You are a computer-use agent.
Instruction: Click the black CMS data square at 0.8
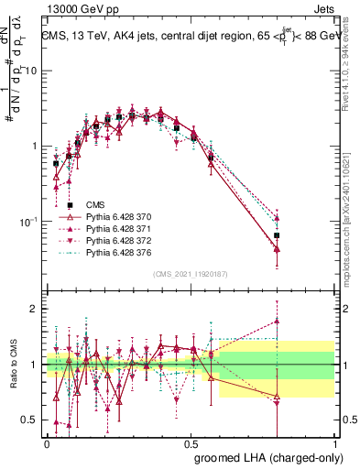coord(277,235)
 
